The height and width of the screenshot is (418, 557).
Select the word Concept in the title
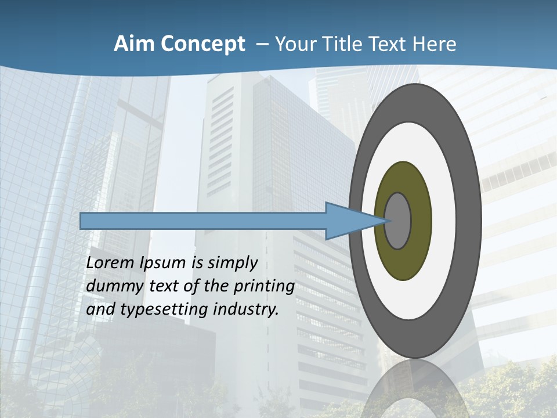tap(204, 44)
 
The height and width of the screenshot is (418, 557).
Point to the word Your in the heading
tap(296, 44)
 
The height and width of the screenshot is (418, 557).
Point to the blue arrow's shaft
tap(203, 221)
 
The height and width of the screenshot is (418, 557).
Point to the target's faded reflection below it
tap(414, 389)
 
